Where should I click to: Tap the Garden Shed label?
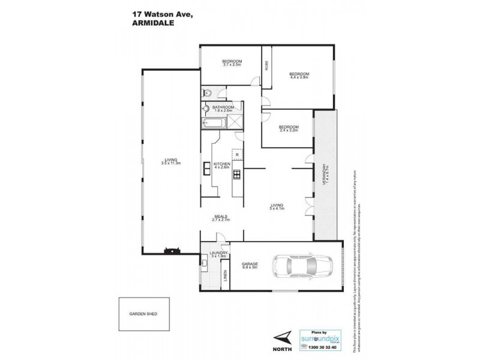pyautogui.click(x=146, y=314)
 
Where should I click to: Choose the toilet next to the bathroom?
pyautogui.click(x=206, y=92)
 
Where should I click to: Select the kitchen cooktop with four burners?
pyautogui.click(x=236, y=175)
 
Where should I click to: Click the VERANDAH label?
pyautogui.click(x=325, y=174)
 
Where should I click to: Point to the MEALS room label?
pyautogui.click(x=222, y=217)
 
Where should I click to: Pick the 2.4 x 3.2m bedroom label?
pyautogui.click(x=289, y=127)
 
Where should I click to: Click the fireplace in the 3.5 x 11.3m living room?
pyautogui.click(x=172, y=250)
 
